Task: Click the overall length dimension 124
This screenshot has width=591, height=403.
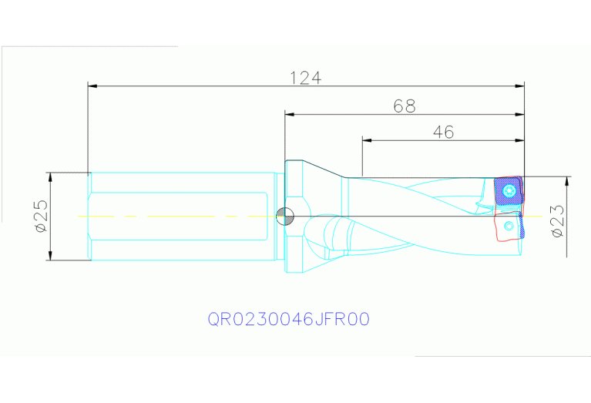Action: (x=305, y=78)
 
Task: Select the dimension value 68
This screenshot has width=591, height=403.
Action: (x=405, y=106)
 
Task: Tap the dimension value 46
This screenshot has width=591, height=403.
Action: (x=442, y=132)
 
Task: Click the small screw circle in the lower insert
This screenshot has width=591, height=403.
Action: (x=509, y=226)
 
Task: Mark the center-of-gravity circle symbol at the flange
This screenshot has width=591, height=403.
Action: (x=284, y=217)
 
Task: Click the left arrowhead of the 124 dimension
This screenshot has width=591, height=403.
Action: (x=92, y=86)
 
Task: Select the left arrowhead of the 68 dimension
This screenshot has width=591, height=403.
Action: (x=290, y=115)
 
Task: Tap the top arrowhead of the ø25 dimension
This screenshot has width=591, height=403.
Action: (x=51, y=176)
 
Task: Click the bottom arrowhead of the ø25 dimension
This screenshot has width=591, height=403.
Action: (x=51, y=256)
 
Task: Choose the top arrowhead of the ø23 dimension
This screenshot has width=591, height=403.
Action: (x=568, y=181)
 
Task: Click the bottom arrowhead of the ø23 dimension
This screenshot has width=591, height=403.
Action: (x=568, y=252)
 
